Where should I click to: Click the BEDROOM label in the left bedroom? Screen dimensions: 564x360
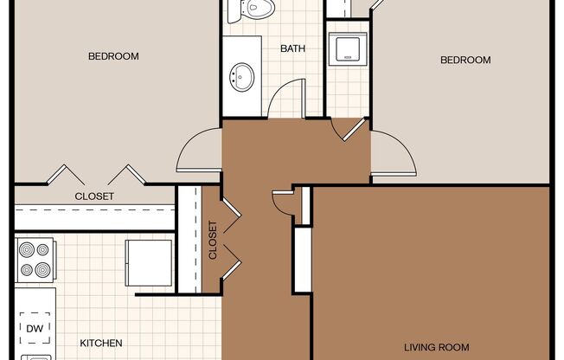pyautogui.click(x=113, y=56)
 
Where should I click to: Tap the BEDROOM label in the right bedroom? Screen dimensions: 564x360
pyautogui.click(x=465, y=60)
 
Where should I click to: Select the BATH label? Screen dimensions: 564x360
pyautogui.click(x=292, y=48)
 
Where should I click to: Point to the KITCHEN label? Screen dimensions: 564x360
pyautogui.click(x=101, y=343)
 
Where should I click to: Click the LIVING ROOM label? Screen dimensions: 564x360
pyautogui.click(x=437, y=347)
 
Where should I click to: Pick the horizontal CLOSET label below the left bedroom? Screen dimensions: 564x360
pyautogui.click(x=94, y=196)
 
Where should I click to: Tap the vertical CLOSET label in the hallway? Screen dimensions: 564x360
pyautogui.click(x=213, y=240)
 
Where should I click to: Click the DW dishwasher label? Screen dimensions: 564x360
pyautogui.click(x=35, y=328)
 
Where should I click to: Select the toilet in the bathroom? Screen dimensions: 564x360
pyautogui.click(x=251, y=9)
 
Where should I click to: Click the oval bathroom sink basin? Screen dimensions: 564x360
pyautogui.click(x=242, y=77)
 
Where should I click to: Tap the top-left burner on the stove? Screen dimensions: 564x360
pyautogui.click(x=27, y=249)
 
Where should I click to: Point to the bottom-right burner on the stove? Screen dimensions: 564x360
pyautogui.click(x=42, y=270)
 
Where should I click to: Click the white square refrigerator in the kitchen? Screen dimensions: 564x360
pyautogui.click(x=149, y=263)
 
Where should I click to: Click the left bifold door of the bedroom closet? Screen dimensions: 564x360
pyautogui.click(x=66, y=175)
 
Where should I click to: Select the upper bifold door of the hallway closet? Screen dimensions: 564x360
pyautogui.click(x=232, y=215)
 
